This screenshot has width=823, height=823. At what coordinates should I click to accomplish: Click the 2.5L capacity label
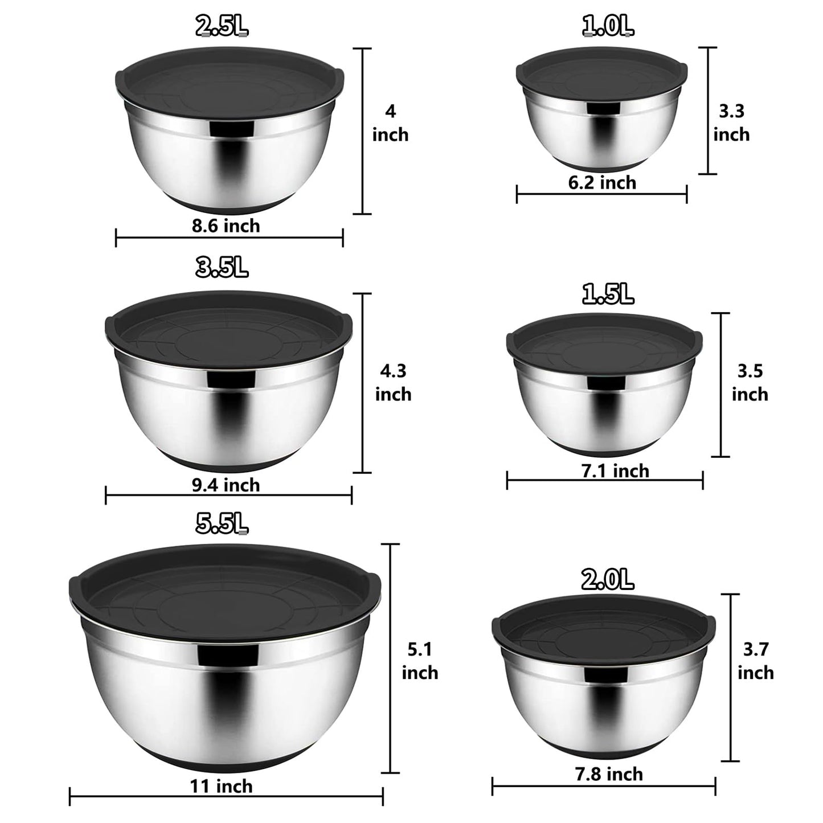(x=222, y=26)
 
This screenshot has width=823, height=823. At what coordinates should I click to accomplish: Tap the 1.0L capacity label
(x=608, y=26)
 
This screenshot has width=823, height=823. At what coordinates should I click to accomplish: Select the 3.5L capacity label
(x=222, y=267)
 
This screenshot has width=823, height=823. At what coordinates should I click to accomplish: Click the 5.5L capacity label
(x=222, y=523)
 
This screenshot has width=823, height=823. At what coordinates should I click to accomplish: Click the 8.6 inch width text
(x=226, y=226)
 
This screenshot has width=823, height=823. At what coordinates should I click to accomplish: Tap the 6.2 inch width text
(x=602, y=183)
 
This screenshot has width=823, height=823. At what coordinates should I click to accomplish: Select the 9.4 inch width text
(x=226, y=485)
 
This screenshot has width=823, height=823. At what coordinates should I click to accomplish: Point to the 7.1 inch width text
(x=615, y=471)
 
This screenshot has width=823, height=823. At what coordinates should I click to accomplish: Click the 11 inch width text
(x=221, y=787)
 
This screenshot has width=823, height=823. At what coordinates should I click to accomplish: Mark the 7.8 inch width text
(x=609, y=774)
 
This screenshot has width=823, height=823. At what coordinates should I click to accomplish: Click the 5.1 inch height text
(x=420, y=661)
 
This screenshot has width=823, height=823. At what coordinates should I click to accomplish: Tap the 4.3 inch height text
(x=393, y=383)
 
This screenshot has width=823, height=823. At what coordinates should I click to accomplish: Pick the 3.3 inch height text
(x=731, y=122)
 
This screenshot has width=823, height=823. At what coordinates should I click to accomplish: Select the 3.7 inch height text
(x=756, y=661)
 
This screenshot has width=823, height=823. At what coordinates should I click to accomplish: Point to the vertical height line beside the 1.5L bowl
(x=721, y=384)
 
